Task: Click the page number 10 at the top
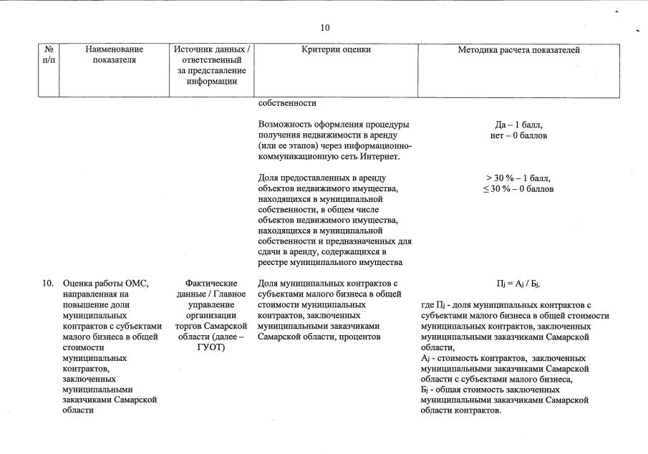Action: click(x=325, y=28)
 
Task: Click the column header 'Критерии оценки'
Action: click(x=337, y=50)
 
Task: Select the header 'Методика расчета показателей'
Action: click(x=518, y=50)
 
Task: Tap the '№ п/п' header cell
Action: click(x=49, y=55)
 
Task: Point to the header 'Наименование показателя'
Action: click(x=114, y=55)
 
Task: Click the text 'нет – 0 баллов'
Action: click(x=518, y=135)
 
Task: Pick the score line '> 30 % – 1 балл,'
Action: click(x=518, y=178)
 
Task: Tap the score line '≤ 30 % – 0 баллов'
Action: click(x=518, y=189)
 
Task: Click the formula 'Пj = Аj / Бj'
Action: click(x=518, y=284)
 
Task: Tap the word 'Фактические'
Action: click(x=211, y=284)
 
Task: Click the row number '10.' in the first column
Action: click(x=48, y=284)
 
